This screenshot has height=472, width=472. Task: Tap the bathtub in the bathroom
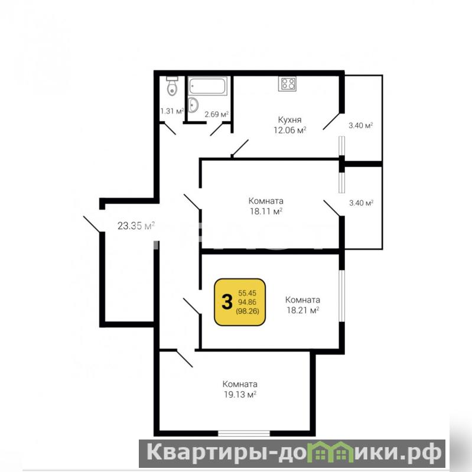[207, 86]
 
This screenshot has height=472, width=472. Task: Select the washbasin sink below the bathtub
[193, 105]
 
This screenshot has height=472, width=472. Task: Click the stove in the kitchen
[287, 84]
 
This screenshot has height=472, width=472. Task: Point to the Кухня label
[289, 120]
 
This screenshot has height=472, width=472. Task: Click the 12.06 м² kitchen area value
[289, 130]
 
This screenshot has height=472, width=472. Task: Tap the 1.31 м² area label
[172, 111]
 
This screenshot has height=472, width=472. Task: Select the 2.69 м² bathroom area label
[216, 115]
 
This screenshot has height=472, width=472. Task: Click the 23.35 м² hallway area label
[136, 226]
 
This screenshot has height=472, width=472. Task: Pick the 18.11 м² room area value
[266, 211]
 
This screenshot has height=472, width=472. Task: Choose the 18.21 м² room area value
[303, 310]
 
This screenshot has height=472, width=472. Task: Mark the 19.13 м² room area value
[240, 395]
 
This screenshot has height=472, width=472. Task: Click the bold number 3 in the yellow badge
[227, 302]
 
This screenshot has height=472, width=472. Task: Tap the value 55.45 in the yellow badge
[247, 293]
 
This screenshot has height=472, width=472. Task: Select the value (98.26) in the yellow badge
[248, 311]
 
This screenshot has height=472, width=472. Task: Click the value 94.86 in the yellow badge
[247, 302]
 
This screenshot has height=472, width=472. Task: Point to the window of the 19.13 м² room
[244, 434]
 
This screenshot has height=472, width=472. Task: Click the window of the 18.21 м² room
[341, 296]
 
